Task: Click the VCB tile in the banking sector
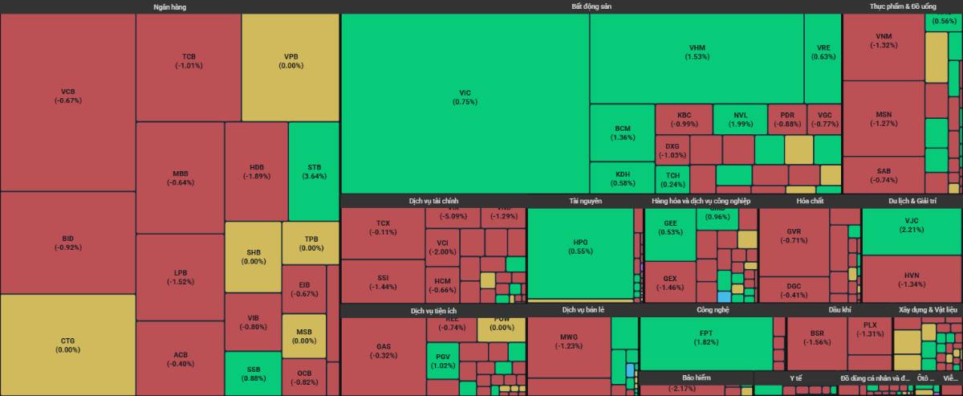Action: click(67, 96)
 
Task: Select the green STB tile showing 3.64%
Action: click(313, 172)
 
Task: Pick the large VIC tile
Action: click(465, 97)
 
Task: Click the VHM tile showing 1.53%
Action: click(697, 52)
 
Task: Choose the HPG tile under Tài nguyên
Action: click(580, 247)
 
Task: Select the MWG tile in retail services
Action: click(569, 341)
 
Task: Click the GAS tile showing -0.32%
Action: click(383, 351)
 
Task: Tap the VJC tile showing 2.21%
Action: click(911, 225)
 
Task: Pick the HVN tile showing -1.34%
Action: click(911, 279)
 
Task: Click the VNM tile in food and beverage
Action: click(884, 41)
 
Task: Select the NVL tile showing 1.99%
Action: click(739, 119)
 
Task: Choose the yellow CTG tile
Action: click(67, 345)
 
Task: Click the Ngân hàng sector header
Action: click(169, 6)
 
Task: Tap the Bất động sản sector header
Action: click(591, 6)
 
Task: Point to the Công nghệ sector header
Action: click(696, 309)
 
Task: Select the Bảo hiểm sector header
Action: click(696, 378)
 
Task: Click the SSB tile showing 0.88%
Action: click(253, 374)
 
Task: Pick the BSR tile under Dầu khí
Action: click(816, 337)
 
